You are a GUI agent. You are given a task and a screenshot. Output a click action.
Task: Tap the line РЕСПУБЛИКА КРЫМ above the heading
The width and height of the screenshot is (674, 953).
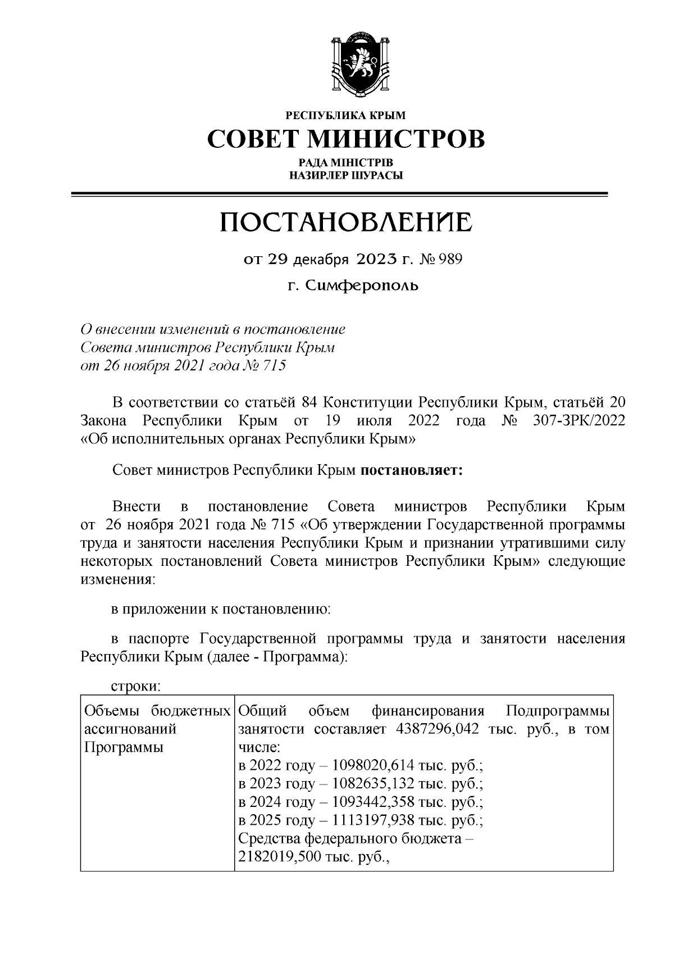346,116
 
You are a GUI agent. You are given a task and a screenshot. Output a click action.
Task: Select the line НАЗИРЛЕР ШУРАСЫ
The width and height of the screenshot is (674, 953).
346,175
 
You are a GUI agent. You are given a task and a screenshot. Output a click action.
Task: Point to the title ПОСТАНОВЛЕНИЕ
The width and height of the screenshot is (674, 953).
346,223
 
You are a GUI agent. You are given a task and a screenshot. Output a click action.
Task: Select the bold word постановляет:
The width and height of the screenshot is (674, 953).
411,470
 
